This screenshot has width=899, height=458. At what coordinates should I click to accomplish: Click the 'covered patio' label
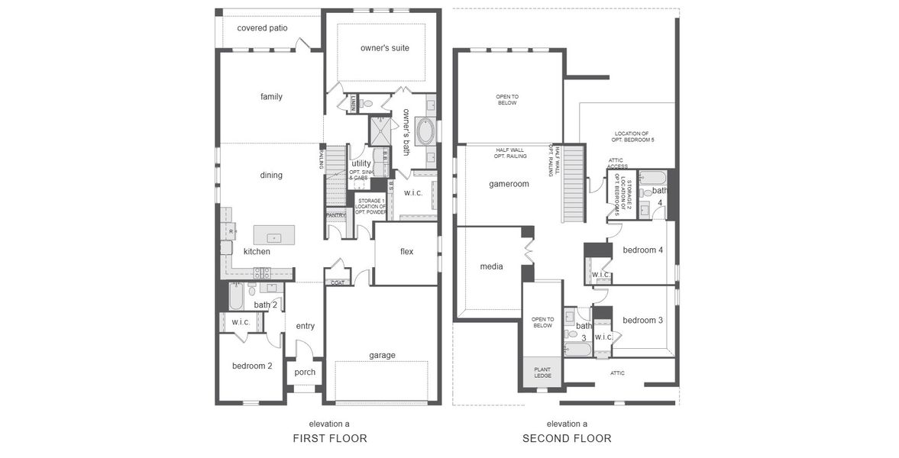pos(262,28)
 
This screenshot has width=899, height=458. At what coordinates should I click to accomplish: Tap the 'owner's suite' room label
pos(384,48)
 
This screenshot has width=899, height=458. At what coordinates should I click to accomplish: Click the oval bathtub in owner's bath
pos(425,131)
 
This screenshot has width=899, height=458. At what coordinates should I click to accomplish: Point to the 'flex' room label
pos(406,252)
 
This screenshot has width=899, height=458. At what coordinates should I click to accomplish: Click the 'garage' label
pos(382,355)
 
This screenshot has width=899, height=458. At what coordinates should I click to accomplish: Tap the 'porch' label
pos(305,373)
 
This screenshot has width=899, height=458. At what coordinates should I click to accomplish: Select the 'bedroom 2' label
pos(252,366)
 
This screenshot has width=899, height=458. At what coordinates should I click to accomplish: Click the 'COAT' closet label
pos(338,282)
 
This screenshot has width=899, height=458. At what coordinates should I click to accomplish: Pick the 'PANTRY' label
pos(336,215)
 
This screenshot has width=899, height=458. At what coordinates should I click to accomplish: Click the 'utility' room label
pos(361,163)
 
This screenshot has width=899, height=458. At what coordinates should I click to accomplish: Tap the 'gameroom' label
pos(509,184)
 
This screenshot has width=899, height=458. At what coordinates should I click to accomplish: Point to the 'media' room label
pos(491,266)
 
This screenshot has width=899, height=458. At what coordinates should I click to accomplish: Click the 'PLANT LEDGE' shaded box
pos(542,373)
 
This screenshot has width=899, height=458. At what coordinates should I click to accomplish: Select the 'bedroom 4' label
pos(642,250)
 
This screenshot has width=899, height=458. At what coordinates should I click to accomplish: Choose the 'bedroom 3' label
pos(642,320)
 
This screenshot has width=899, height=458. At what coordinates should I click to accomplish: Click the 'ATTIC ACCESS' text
pos(618,163)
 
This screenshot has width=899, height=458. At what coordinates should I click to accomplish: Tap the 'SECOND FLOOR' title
pos(567,438)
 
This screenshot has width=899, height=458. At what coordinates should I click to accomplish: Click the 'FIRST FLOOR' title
pos(330,438)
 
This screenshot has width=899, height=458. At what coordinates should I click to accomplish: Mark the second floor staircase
pos(573,184)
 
